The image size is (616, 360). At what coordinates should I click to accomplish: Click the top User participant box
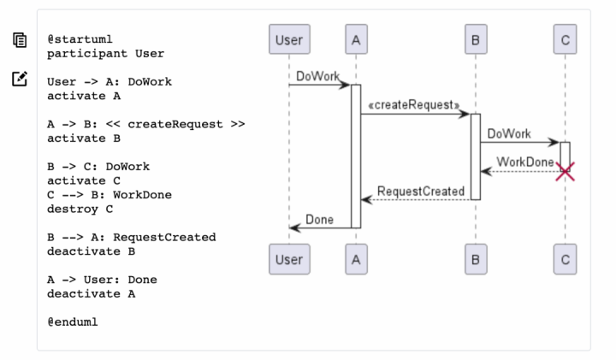pos(289,39)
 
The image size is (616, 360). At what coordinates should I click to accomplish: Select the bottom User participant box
pos(289,259)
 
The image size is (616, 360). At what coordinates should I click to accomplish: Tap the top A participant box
pos(356,39)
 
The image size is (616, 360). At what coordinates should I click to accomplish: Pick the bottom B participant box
pos(476,259)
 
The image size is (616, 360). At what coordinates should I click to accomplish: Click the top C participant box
pos(566,39)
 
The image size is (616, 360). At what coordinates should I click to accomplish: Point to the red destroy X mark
pos(566,172)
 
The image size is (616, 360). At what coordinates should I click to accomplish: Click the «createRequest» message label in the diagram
pos(414,105)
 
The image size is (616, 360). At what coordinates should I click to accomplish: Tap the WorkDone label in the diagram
pos(525,162)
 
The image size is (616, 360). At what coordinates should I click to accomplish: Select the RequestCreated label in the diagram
pos(421,192)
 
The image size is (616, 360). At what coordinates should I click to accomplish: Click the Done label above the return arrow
pos(319,220)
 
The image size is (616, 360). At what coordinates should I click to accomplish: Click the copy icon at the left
pos(20,40)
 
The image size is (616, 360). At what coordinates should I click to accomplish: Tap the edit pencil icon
pos(20,79)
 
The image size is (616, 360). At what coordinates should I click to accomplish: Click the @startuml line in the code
pos(80,39)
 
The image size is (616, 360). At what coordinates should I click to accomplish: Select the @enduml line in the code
pos(73,322)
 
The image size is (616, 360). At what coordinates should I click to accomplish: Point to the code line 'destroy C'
pos(80,209)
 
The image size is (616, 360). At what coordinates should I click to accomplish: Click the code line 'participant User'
pos(106,53)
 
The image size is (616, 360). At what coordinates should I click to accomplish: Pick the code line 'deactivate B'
pos(92,251)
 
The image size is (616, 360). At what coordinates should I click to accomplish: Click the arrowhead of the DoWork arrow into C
pos(554,143)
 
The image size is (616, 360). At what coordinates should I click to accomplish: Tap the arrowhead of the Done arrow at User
pos(294,227)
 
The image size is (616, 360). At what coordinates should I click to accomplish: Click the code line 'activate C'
pos(84,180)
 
